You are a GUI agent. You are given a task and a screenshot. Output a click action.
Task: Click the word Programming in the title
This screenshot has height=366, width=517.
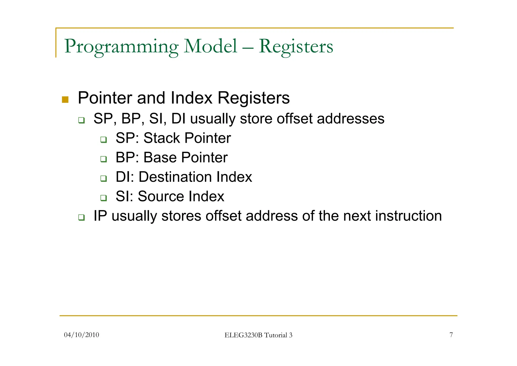[121, 47]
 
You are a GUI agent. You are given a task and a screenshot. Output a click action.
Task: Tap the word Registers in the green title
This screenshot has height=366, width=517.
[296, 47]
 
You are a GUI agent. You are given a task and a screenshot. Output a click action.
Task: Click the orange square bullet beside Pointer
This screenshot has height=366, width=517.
[65, 100]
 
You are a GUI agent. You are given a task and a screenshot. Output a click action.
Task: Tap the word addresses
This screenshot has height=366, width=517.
[351, 119]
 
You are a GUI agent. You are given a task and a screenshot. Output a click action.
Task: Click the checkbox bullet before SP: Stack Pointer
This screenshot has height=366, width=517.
[104, 140]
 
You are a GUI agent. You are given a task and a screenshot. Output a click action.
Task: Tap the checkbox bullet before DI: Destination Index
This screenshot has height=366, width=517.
[104, 178]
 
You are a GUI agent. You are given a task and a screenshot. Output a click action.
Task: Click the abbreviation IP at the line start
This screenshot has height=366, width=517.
[100, 216]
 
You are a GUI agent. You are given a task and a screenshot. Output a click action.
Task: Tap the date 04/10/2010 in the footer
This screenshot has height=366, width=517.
[82, 335]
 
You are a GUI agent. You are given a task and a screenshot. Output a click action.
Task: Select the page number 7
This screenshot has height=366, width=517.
[451, 335]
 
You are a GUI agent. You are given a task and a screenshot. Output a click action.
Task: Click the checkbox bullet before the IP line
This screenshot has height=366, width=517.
[81, 217]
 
